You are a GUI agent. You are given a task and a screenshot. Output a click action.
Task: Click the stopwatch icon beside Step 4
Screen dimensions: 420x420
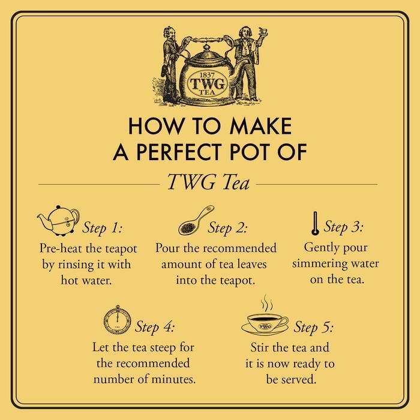[118, 322]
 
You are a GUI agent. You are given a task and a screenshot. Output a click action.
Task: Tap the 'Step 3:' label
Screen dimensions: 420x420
[343, 227]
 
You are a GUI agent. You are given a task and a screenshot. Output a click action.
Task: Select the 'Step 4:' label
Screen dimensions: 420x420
[155, 328]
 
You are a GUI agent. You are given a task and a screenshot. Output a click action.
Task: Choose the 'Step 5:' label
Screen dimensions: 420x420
[313, 328]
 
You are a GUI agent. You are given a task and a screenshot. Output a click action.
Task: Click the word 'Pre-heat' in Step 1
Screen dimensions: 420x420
[62, 247]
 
